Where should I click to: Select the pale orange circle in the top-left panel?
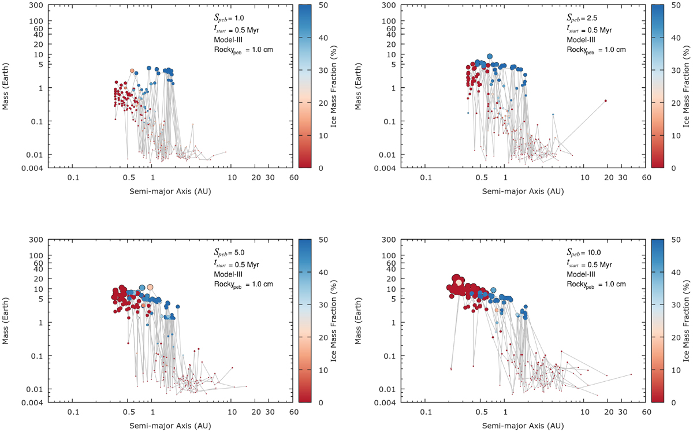coord(132,70)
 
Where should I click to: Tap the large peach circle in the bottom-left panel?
coord(150,286)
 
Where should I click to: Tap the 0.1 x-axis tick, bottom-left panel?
coord(73,414)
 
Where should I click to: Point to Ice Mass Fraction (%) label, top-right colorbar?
coord(686,87)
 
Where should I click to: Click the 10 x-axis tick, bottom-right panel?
coord(584,414)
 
